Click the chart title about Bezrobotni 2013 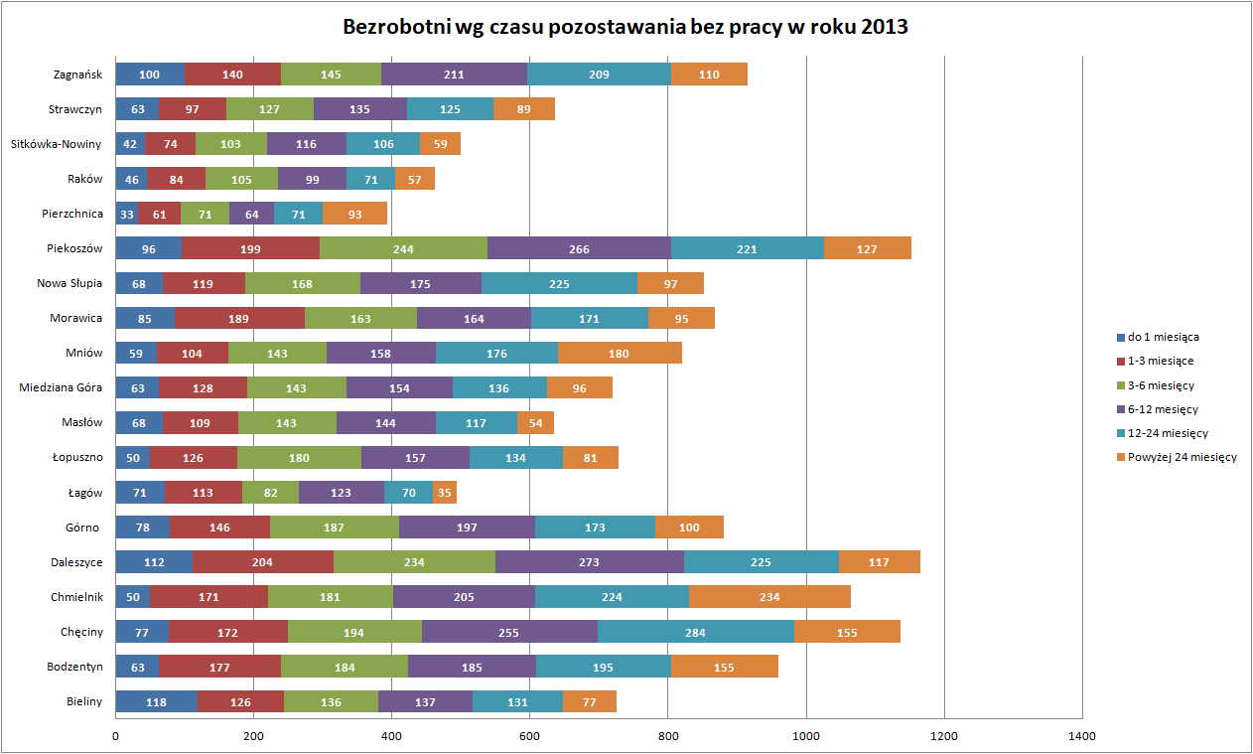[626, 28]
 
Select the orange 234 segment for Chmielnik [769, 597]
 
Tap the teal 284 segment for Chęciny [695, 632]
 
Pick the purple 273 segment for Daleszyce [589, 562]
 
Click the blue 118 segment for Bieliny [157, 701]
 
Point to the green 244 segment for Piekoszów [403, 248]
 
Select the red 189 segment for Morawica [239, 318]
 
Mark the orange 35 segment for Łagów [444, 492]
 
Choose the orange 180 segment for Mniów [620, 353]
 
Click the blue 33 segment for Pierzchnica [127, 214]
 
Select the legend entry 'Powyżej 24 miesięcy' [1183, 457]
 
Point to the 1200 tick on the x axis [944, 736]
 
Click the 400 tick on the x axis [391, 736]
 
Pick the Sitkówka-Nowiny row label [57, 144]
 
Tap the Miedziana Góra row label [62, 387]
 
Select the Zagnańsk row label [78, 75]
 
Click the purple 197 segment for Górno [467, 528]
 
